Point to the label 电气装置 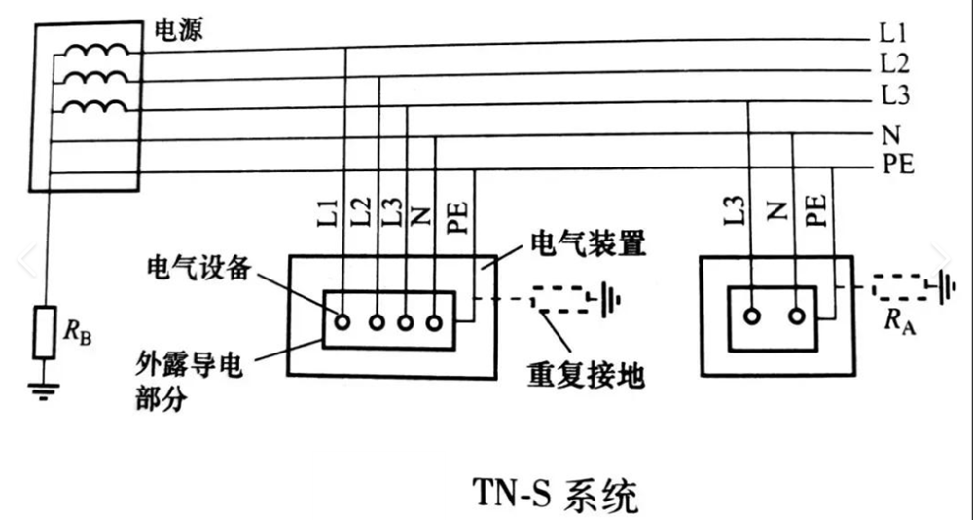point(587,242)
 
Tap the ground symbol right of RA point(945,286)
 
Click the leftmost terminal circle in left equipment point(342,319)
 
